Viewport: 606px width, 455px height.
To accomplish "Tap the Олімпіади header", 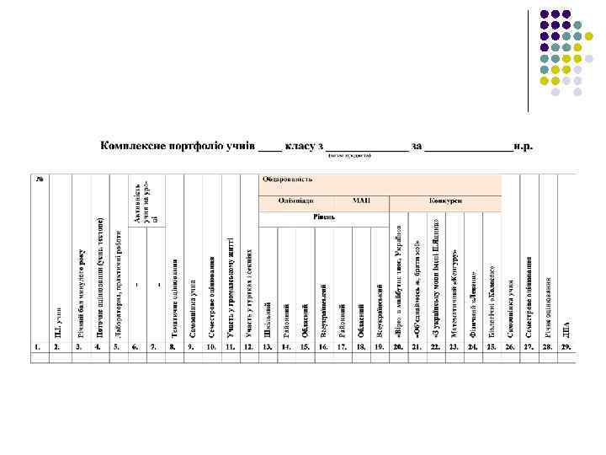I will [297, 202].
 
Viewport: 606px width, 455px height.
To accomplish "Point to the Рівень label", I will [325, 217].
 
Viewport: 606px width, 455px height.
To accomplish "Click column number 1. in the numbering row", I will [38, 346].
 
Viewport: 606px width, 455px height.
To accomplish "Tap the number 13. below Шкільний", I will [267, 346].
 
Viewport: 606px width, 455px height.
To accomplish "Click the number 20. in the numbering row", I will [398, 346].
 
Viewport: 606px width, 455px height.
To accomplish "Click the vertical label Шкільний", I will [268, 320].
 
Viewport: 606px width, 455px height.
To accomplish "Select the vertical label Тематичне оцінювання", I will [174, 299].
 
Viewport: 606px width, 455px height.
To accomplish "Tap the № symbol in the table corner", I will [39, 179].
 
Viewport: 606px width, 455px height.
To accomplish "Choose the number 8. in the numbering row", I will [172, 346].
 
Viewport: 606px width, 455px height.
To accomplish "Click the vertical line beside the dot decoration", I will [529, 59].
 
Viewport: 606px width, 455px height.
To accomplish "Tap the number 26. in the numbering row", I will [510, 346].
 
